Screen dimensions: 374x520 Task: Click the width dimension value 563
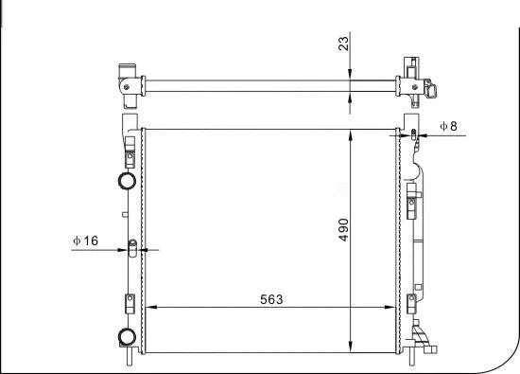click(271, 298)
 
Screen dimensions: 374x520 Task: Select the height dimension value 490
click(344, 231)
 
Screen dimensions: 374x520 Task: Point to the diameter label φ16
click(85, 240)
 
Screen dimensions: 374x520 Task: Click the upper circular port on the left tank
click(125, 182)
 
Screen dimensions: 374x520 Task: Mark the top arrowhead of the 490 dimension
click(353, 130)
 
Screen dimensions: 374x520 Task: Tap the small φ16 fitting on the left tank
click(132, 250)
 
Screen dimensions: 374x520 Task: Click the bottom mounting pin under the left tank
click(130, 360)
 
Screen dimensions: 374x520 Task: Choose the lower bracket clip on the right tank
click(412, 304)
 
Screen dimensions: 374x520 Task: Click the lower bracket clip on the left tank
click(129, 304)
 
